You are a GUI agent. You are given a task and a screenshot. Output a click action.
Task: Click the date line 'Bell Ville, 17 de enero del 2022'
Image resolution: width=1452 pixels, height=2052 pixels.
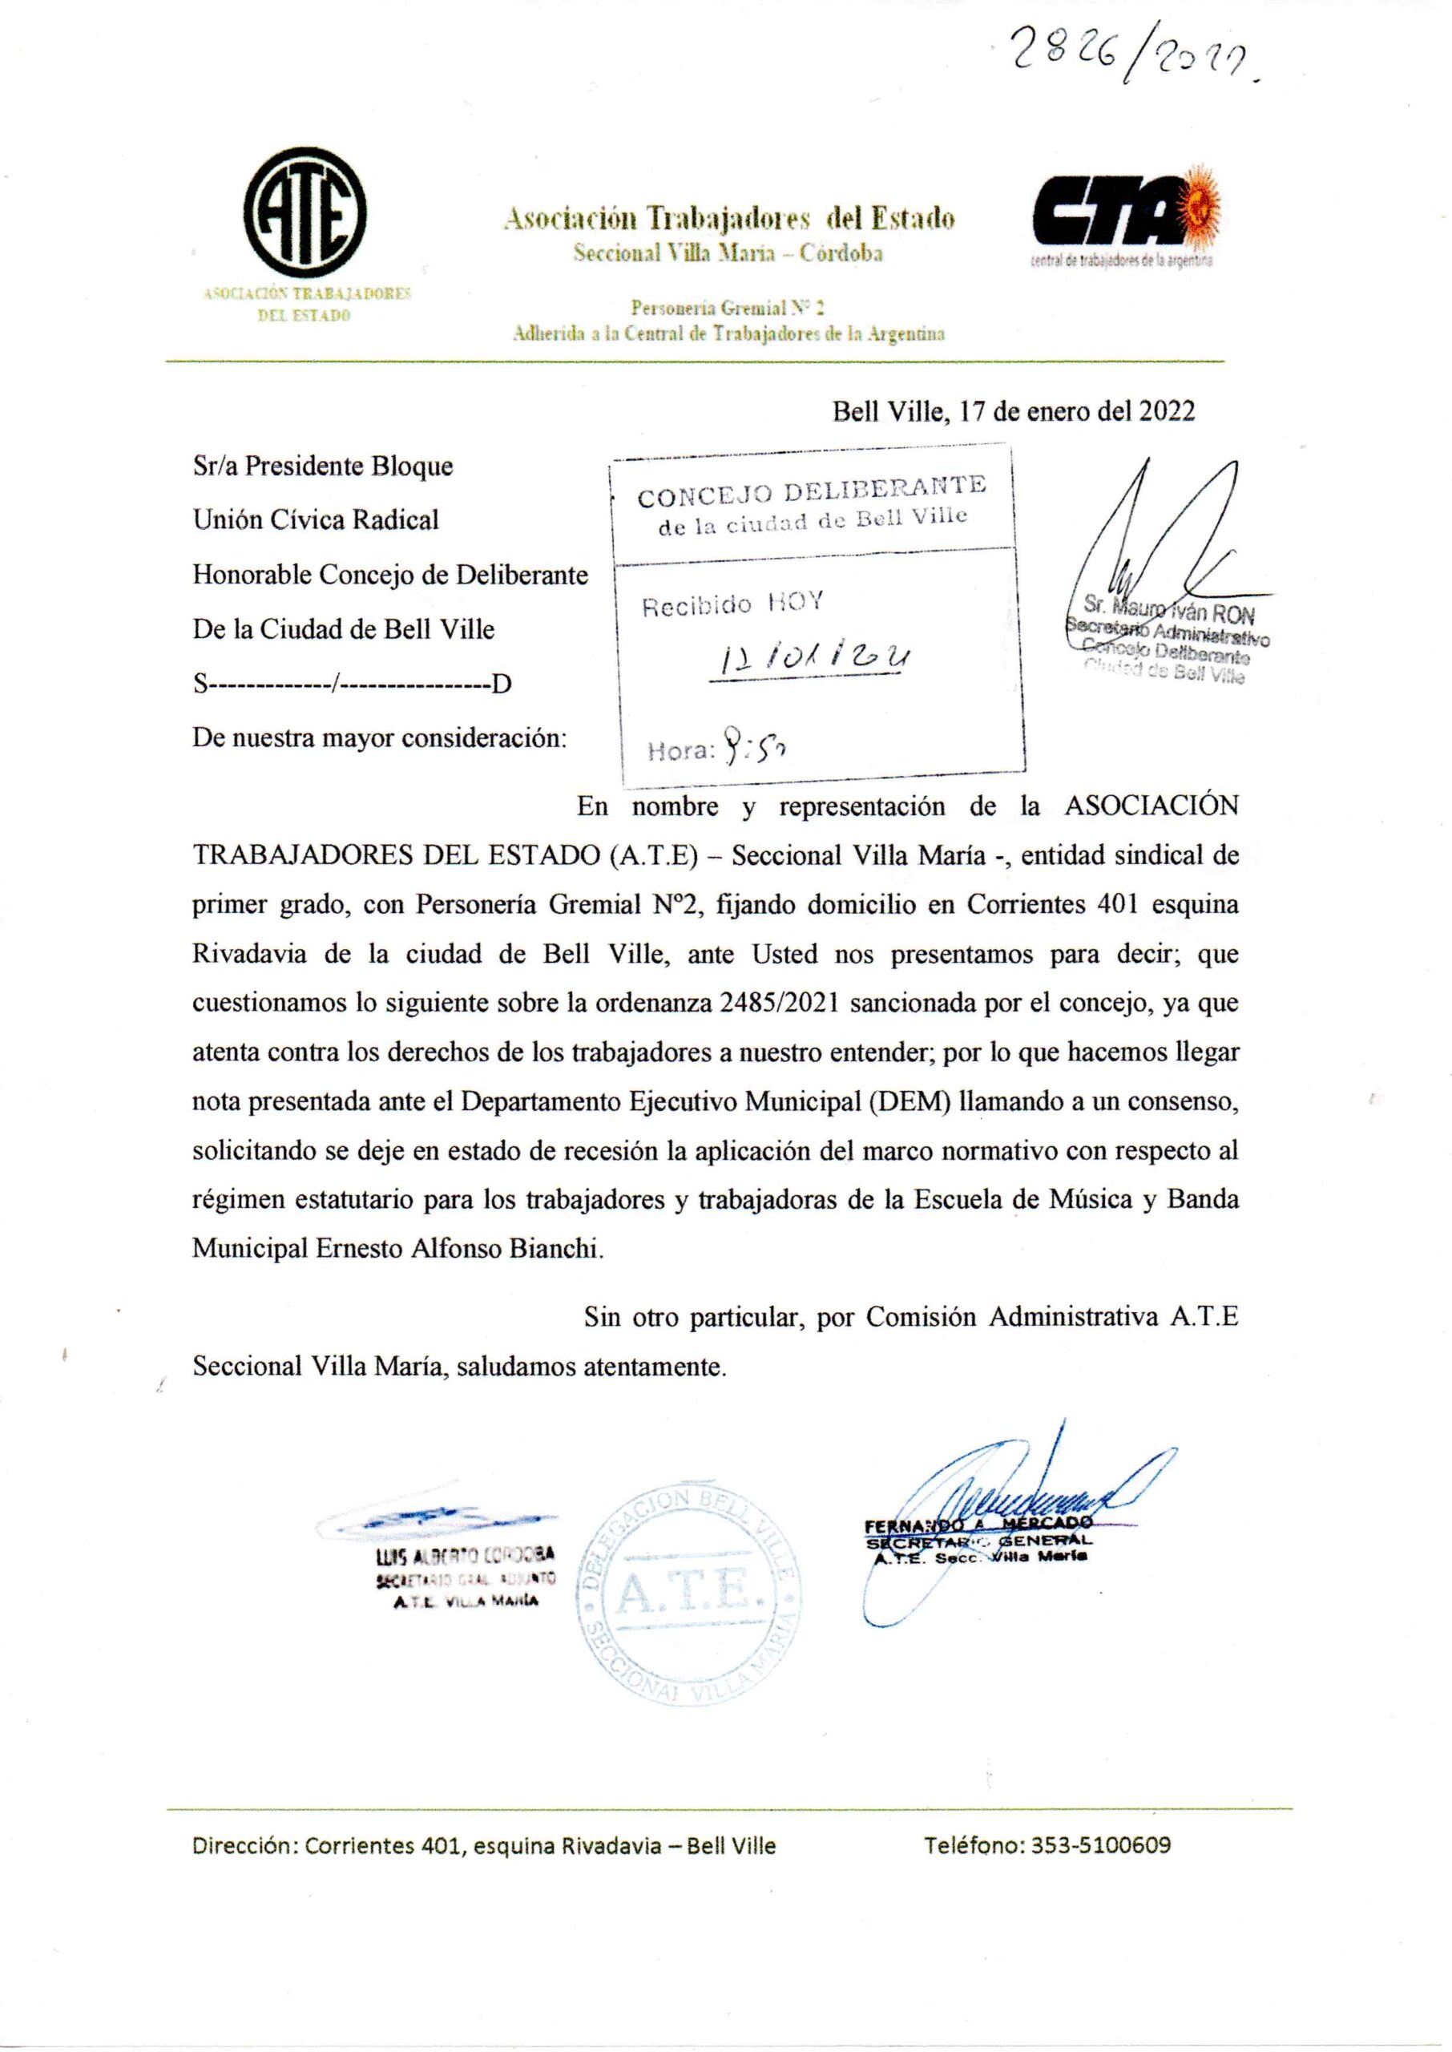[1014, 411]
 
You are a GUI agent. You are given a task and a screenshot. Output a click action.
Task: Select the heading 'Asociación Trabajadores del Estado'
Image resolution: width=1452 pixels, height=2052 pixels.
[728, 218]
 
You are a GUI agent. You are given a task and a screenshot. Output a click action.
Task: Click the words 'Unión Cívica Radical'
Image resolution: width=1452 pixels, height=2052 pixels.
[316, 519]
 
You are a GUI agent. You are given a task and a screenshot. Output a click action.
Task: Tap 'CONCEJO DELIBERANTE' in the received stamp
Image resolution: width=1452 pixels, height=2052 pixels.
[812, 492]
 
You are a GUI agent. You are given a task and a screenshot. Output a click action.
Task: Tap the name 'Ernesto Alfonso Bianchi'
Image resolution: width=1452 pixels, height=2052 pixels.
[458, 1248]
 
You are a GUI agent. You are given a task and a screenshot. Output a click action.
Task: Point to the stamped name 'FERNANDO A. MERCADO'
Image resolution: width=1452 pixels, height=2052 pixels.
[978, 1523]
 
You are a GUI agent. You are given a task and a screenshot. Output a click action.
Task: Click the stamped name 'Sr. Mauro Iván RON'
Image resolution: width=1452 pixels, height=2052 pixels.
[1168, 615]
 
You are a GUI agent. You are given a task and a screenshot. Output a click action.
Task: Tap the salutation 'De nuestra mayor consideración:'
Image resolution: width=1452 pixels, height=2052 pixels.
[380, 738]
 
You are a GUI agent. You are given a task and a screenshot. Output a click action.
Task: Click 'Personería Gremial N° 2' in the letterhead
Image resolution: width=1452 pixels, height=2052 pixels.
[728, 309]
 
